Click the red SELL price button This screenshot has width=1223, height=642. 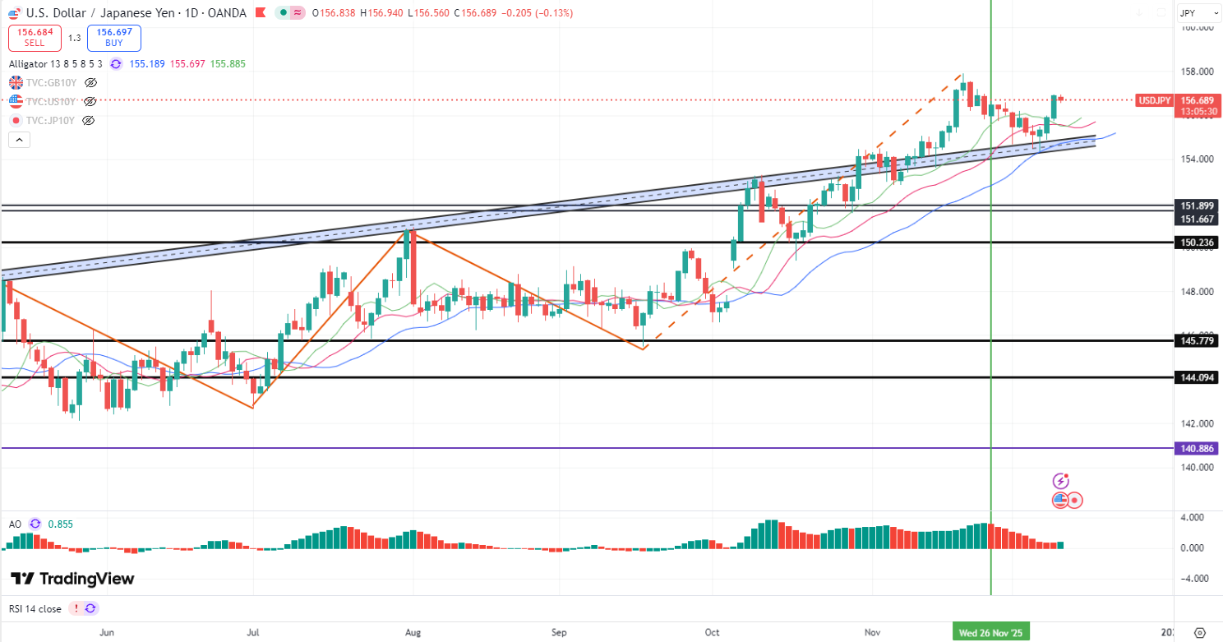pos(34,38)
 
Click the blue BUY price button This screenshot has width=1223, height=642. pos(113,38)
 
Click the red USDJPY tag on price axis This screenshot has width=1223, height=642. pos(1154,100)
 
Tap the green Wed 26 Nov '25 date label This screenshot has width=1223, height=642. pos(990,632)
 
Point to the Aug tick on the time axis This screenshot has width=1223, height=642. pos(413,632)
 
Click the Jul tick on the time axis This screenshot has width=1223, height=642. pos(253,632)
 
